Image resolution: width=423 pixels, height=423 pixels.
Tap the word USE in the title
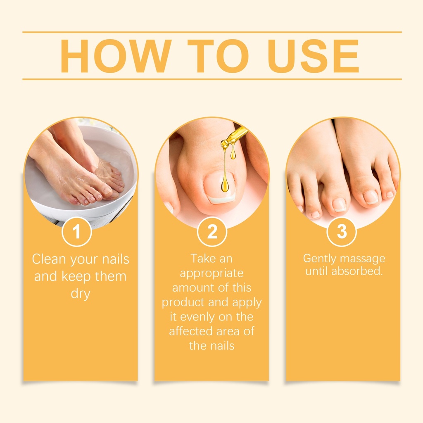(x=313, y=56)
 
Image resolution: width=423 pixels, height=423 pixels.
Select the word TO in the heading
(x=218, y=56)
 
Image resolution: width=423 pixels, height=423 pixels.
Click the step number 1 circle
(x=76, y=232)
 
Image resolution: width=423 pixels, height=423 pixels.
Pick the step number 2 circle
(x=212, y=232)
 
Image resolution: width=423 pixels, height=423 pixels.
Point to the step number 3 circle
(x=342, y=232)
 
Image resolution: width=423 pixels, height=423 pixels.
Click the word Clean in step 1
(x=49, y=259)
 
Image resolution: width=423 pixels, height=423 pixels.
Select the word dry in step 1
(x=81, y=294)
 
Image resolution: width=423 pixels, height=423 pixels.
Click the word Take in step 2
(x=200, y=259)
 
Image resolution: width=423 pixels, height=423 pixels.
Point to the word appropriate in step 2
(x=212, y=273)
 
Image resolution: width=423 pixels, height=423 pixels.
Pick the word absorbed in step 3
(x=357, y=271)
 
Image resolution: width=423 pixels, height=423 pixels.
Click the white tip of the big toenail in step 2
(x=222, y=199)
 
